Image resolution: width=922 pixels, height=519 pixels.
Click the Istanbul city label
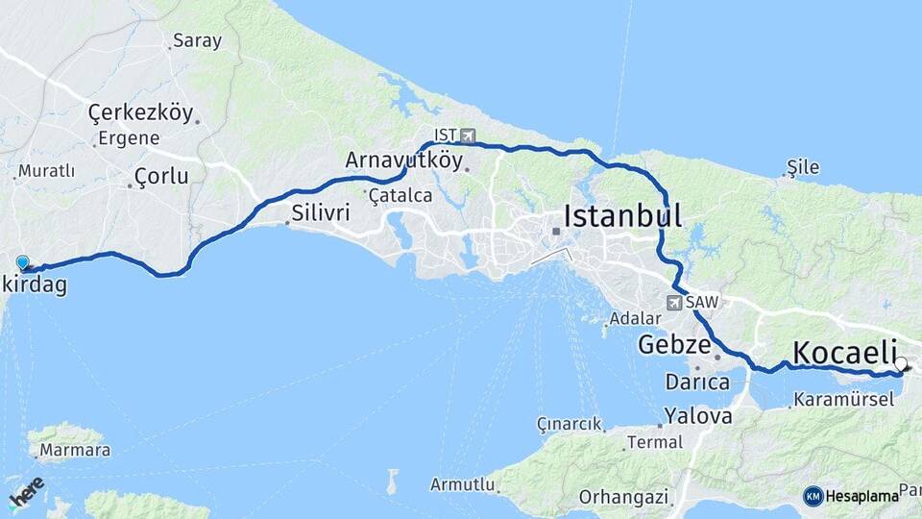point(622,215)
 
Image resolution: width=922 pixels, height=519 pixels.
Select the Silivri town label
point(321,212)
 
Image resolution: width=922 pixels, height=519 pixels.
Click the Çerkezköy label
point(140,112)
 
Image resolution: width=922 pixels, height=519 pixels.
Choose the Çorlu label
point(161,176)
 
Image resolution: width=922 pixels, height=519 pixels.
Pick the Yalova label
point(699,416)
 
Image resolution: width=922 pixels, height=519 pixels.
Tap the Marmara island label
point(69,450)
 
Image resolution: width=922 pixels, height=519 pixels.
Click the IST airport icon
point(468,136)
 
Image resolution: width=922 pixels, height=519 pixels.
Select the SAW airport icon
point(674,302)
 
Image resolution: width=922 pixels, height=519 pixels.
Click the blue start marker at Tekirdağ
point(23,262)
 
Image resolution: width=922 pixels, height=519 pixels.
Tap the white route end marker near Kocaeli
point(901,363)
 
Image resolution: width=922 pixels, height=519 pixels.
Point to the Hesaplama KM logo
point(851,496)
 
